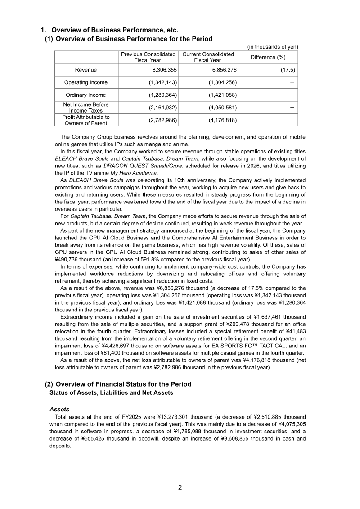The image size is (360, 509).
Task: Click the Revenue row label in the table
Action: coord(85,70)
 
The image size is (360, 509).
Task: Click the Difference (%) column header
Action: coord(268,57)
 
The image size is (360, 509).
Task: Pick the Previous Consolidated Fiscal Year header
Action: coord(148,57)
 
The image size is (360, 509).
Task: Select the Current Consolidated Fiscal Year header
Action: coord(207,57)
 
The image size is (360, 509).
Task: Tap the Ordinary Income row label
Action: coord(85,95)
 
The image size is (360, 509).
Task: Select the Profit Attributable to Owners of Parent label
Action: coord(85,120)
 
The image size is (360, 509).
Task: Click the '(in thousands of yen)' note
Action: coord(273,47)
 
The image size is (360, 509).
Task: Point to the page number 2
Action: coord(180,487)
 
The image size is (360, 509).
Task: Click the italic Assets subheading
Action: coord(59,410)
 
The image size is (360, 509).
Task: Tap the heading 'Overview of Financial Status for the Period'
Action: coord(123,384)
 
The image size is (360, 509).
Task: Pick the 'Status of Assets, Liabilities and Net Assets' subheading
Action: coord(111,392)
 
